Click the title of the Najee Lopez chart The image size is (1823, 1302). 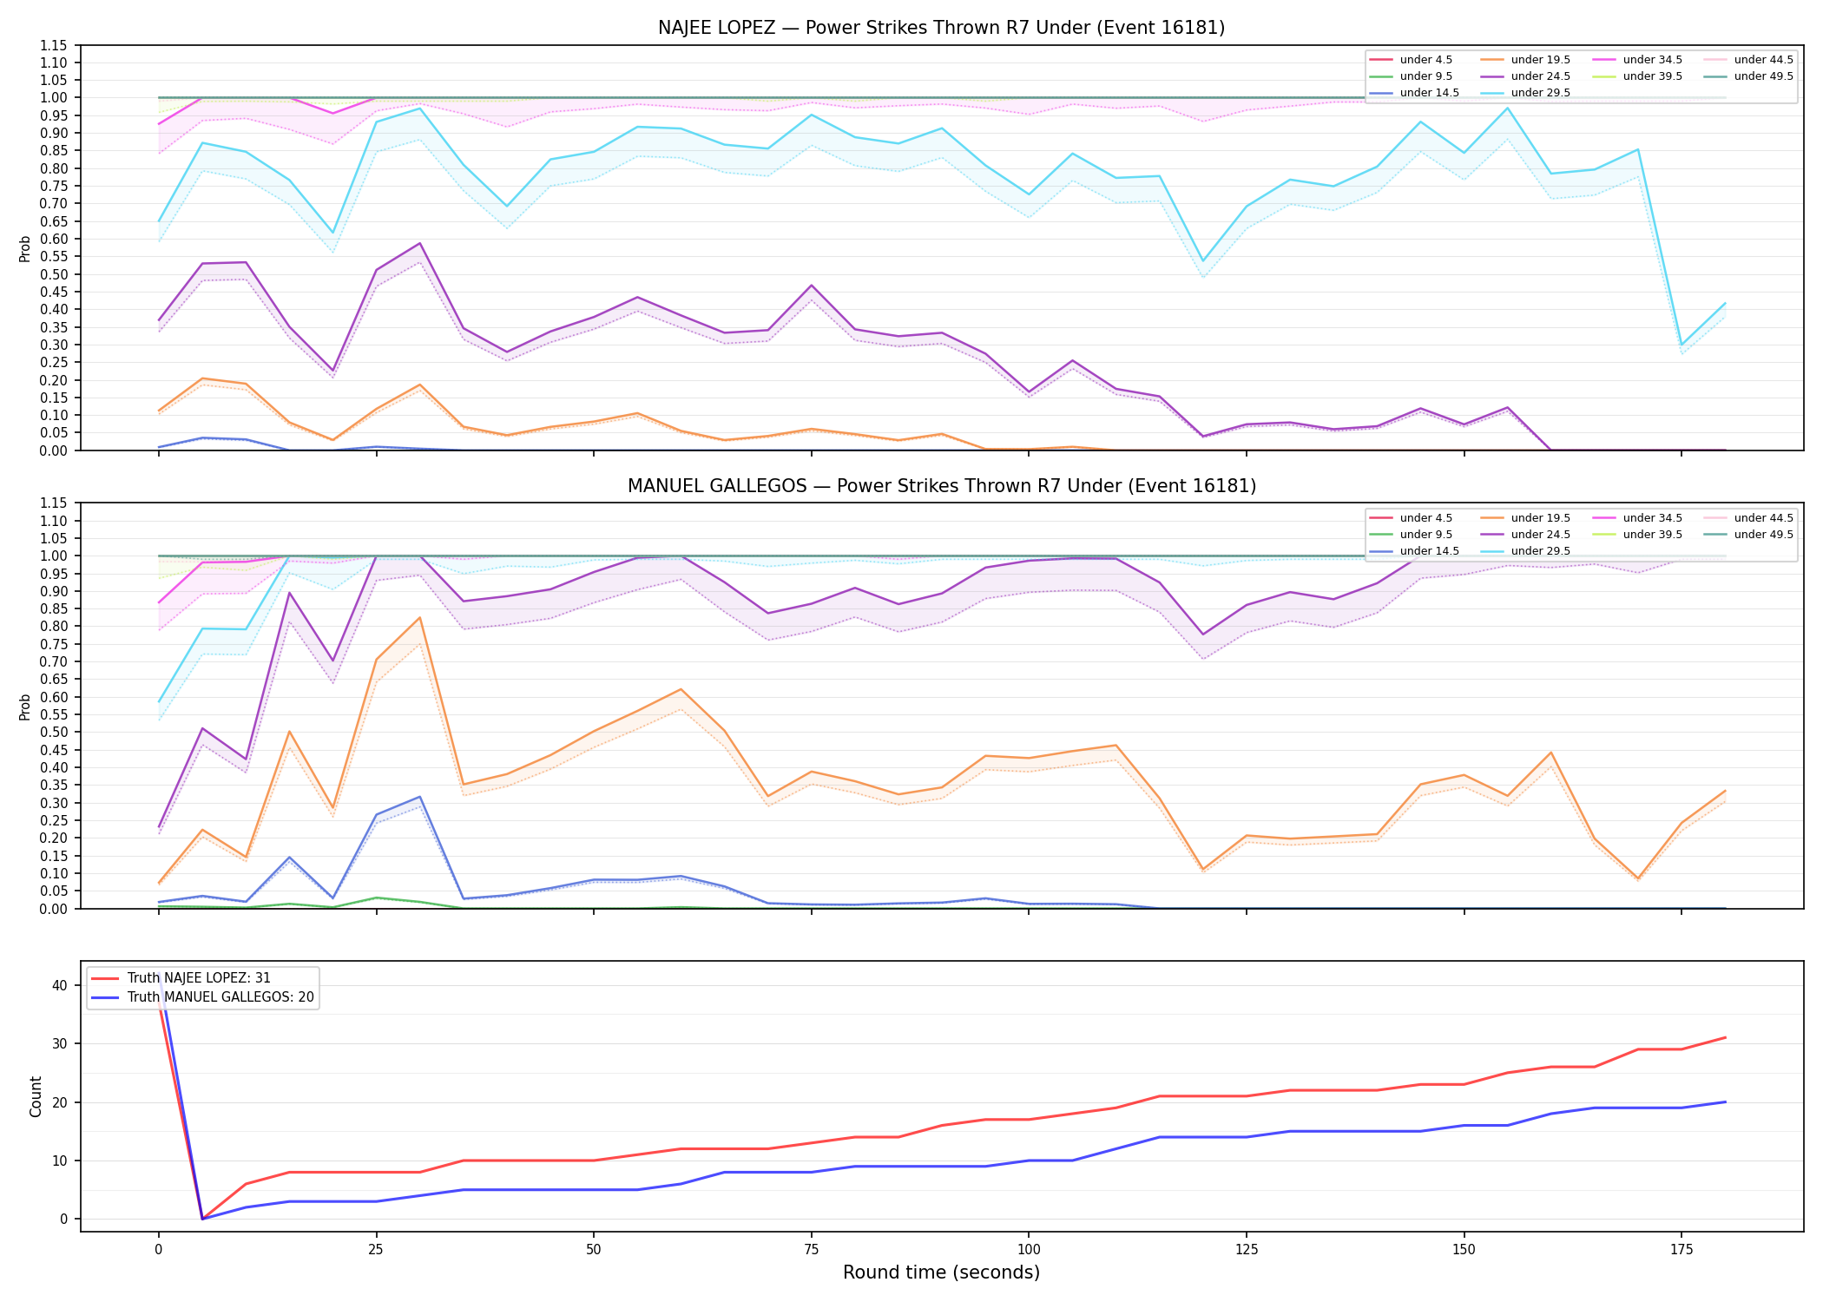(941, 28)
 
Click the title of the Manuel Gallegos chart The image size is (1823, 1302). (941, 486)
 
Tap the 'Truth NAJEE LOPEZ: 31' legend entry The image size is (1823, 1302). (181, 978)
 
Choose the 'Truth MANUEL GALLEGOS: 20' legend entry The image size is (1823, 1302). (202, 997)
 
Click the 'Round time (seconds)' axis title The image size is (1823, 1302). (941, 1272)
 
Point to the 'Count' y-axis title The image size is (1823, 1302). (36, 1096)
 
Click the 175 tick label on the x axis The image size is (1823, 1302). (1682, 1250)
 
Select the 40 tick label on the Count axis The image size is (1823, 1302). (60, 985)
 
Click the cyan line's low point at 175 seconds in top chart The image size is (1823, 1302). (1682, 345)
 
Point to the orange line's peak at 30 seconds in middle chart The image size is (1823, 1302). (420, 617)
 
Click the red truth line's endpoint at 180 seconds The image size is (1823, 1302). (1725, 1037)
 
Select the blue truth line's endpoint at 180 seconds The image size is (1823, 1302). (1725, 1102)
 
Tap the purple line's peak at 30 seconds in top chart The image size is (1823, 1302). (420, 243)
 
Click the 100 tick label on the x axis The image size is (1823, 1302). (1028, 1250)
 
